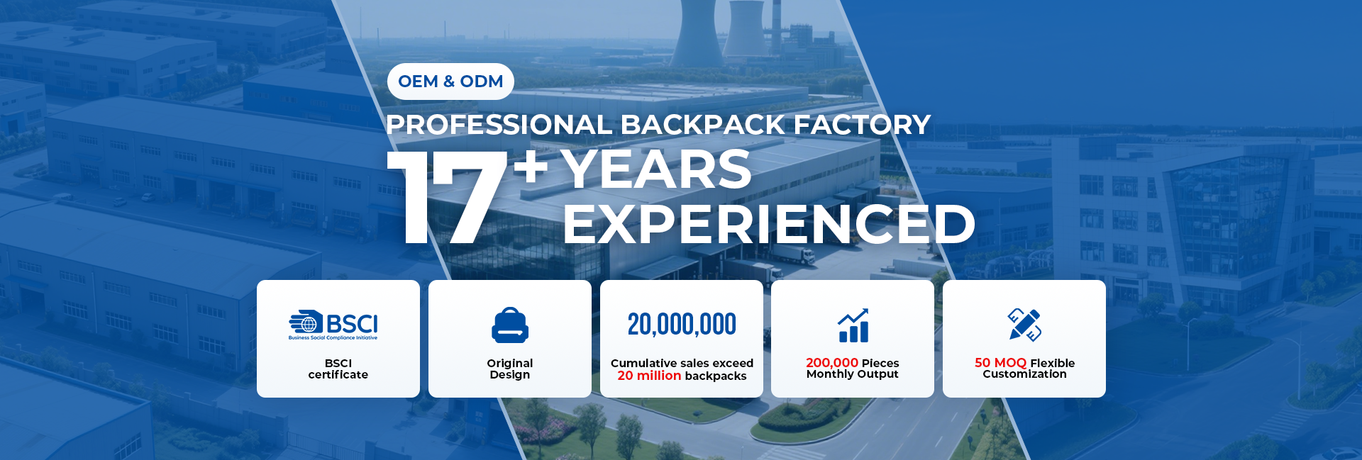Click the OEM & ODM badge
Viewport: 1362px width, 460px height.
coord(450,82)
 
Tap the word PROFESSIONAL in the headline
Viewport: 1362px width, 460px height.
coord(499,125)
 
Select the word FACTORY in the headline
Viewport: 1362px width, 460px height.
coord(862,125)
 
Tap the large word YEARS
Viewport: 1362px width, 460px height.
coord(656,169)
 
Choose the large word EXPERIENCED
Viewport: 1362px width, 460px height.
coord(769,224)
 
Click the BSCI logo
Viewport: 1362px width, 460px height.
coord(333,325)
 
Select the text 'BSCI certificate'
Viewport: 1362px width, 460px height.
coord(338,369)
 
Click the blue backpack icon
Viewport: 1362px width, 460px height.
coord(510,325)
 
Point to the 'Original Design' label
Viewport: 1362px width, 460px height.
coord(510,369)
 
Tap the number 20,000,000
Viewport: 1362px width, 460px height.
coord(682,325)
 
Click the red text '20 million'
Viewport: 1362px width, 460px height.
coord(649,376)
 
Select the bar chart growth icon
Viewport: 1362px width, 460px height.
coord(853,325)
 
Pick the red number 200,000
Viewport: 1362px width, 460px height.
coord(832,363)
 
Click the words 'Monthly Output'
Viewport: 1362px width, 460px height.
coord(853,374)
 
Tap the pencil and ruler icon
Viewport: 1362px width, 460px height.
coord(1025,325)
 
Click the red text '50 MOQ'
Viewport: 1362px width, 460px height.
coord(1000,363)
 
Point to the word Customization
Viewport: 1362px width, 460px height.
coord(1024,374)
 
